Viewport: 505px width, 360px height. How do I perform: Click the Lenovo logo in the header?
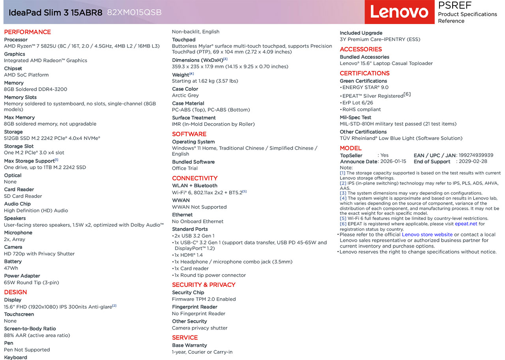coord(399,12)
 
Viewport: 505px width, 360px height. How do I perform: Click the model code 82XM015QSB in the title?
coord(134,12)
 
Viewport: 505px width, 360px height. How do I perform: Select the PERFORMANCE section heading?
coord(27,32)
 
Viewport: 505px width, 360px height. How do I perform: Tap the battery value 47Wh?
coord(11,268)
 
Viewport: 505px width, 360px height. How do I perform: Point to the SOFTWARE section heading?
coord(189,134)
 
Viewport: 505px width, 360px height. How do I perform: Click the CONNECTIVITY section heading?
coord(195,178)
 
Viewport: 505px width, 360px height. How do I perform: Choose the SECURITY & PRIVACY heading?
coord(204,285)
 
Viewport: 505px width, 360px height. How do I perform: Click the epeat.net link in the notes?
coord(466,224)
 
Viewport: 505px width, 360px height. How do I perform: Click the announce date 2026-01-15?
coord(393,161)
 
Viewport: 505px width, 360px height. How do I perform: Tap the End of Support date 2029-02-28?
coord(473,161)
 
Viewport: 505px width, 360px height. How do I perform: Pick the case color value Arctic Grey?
coord(185,95)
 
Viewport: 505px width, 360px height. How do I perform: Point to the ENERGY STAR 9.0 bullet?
coord(365,88)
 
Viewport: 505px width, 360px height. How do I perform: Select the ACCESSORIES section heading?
coord(361,49)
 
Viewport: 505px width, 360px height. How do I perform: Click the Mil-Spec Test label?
coord(355,118)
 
